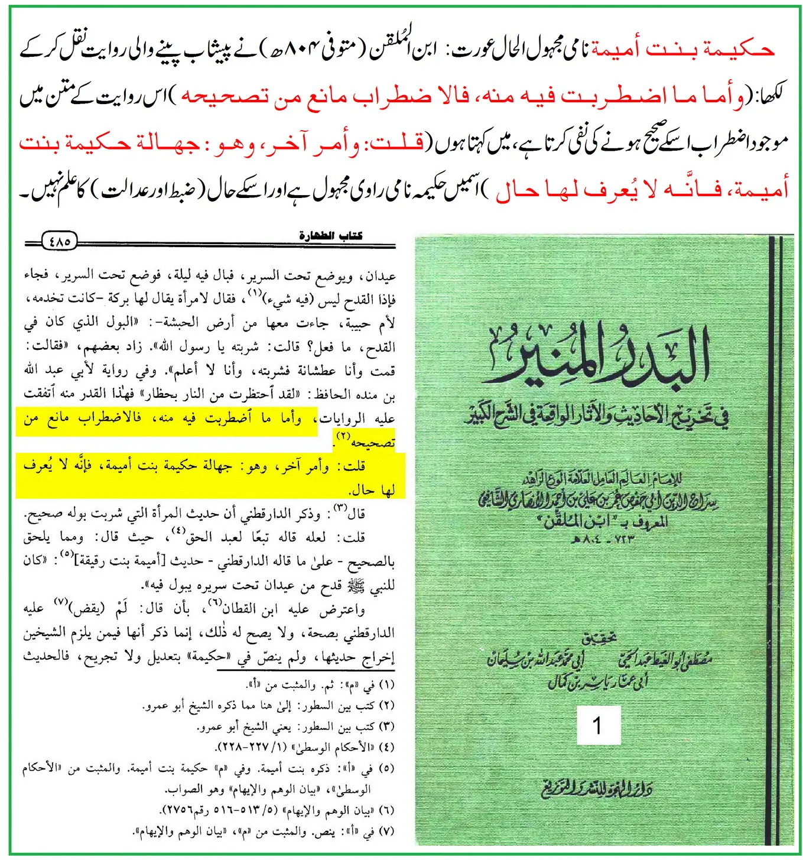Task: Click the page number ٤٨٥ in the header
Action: tap(60, 241)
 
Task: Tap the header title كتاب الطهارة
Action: tap(331, 236)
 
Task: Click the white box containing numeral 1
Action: tap(598, 725)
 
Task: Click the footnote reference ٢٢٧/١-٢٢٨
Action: tap(254, 748)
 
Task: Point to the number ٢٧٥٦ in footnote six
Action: tap(177, 810)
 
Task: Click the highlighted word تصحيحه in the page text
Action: tap(373, 442)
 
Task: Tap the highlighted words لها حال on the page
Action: tap(372, 490)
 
